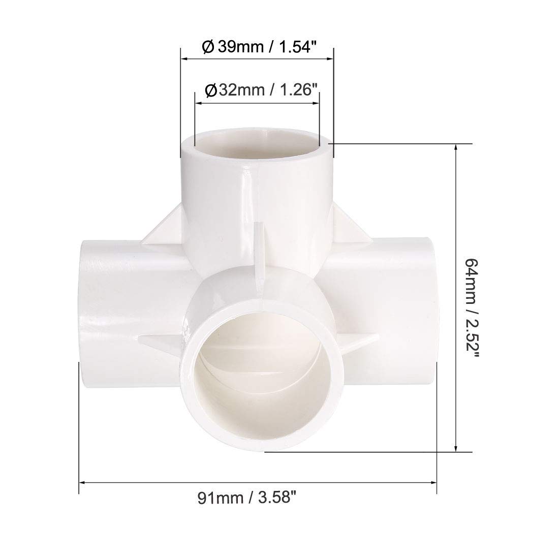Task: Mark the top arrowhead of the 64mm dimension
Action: (x=458, y=147)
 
